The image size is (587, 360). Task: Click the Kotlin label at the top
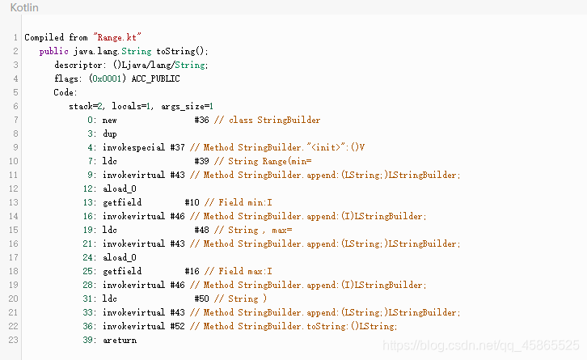click(x=23, y=8)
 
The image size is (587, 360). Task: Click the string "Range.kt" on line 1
click(x=118, y=37)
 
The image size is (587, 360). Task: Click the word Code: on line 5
click(x=65, y=92)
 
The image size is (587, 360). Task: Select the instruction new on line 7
click(x=110, y=120)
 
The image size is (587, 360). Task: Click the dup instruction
click(x=110, y=133)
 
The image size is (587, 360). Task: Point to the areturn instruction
click(x=120, y=340)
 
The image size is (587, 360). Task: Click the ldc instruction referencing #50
click(x=110, y=299)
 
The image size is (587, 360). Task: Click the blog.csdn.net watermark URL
click(x=482, y=345)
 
